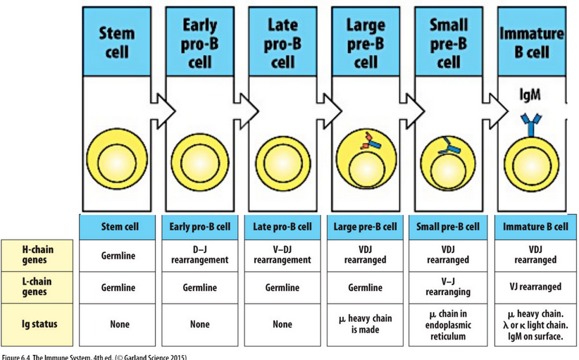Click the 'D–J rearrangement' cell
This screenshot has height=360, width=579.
[x=199, y=255]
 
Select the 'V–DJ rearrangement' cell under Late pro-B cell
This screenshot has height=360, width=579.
[x=282, y=255]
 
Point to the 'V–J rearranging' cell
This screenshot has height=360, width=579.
[x=448, y=287]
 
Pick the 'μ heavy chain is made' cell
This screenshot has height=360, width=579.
[x=366, y=324]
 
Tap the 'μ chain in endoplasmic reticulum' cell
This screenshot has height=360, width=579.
[x=448, y=324]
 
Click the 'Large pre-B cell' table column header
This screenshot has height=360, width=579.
[x=366, y=227]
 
